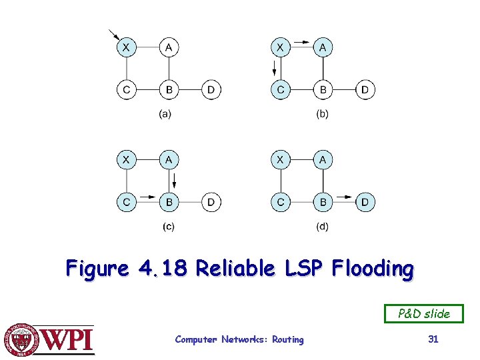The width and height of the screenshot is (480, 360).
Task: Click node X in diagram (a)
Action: [126, 47]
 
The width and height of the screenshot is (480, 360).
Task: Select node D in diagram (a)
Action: [211, 89]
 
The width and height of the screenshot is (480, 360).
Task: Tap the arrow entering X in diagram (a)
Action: [114, 35]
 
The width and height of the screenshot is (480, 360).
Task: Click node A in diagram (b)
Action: [323, 47]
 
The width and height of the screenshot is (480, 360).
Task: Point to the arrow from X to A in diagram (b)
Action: [301, 41]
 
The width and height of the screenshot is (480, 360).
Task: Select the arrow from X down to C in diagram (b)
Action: [275, 68]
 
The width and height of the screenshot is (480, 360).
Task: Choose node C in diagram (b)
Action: [281, 89]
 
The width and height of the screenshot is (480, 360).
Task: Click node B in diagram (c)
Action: [169, 201]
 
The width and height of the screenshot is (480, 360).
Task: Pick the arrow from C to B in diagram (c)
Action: [148, 197]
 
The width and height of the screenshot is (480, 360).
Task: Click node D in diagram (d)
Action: [365, 201]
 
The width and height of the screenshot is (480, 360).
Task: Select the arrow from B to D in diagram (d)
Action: [344, 197]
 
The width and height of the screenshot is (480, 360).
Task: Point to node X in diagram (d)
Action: [281, 160]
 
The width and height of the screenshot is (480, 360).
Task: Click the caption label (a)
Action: [165, 114]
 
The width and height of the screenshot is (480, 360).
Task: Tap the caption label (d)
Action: [322, 227]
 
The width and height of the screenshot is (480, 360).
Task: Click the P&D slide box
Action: [423, 313]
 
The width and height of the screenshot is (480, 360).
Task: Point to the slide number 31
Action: [433, 339]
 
